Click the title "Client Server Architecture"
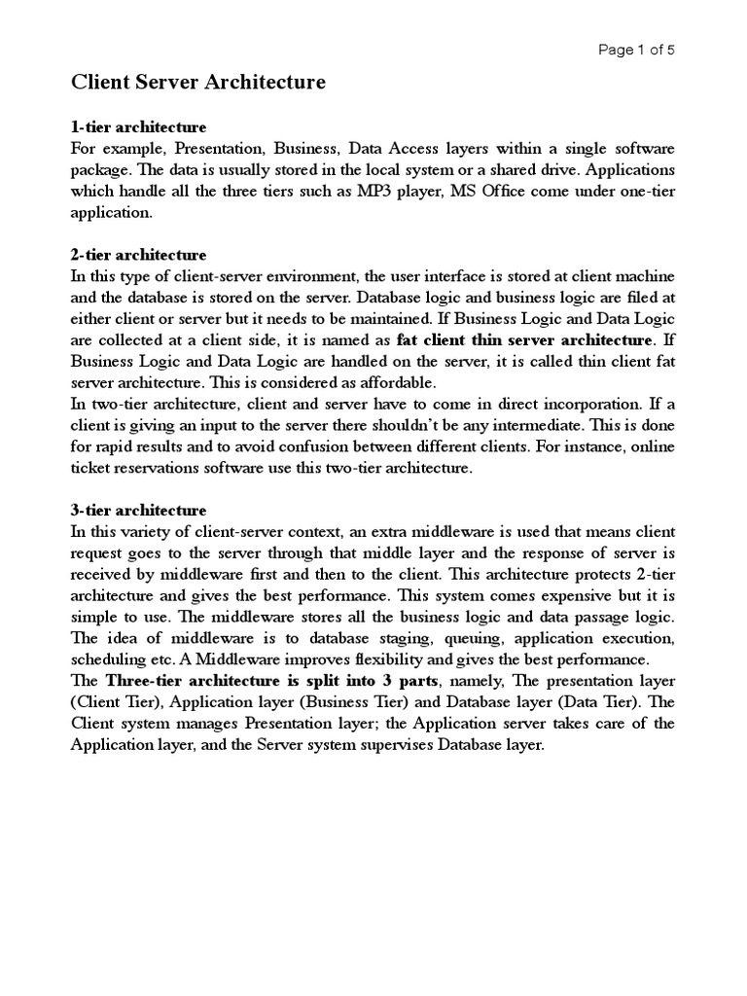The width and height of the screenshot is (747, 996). pos(198,85)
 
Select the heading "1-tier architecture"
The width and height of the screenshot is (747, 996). pos(139,127)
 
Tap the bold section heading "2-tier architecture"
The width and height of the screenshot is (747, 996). pos(139,256)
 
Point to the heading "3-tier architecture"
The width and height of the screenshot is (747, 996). pos(139,511)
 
